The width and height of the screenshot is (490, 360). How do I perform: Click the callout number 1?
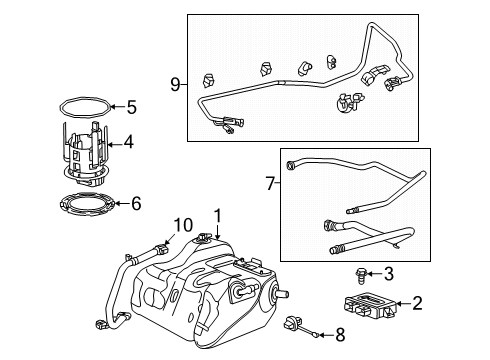[216, 214]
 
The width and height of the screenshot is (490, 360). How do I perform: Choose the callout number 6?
[136, 203]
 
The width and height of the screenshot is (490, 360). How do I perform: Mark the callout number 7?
[269, 183]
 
